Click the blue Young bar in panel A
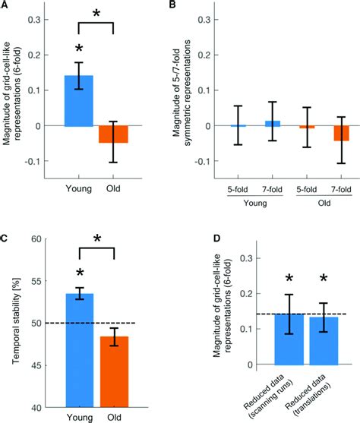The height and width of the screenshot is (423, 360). click(x=78, y=100)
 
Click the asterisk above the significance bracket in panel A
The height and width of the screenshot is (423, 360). click(x=96, y=14)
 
